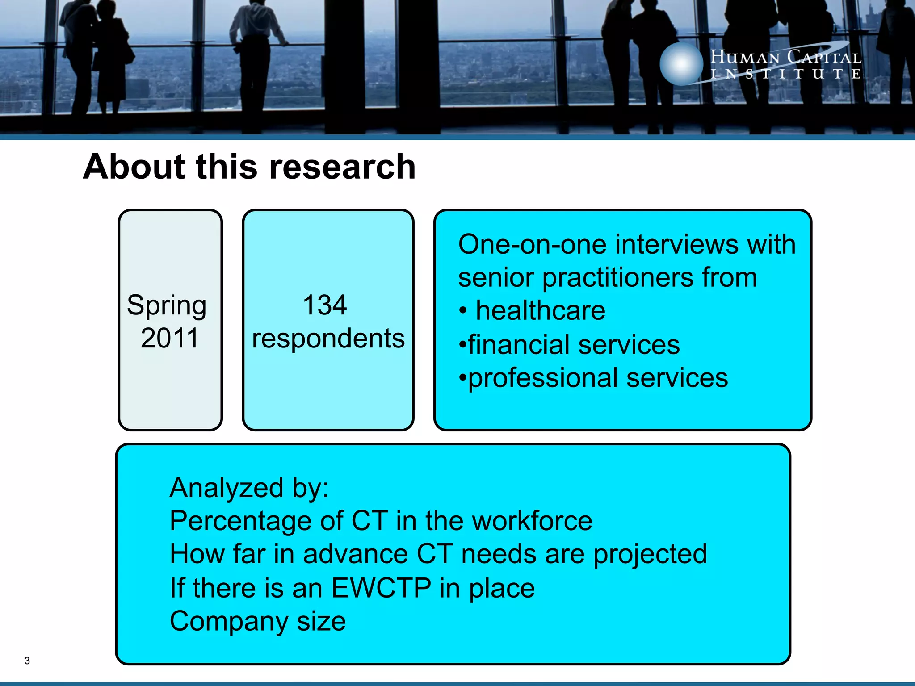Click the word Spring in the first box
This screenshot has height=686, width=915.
tap(166, 306)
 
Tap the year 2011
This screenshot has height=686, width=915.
tap(169, 338)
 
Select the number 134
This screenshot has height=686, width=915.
tap(325, 305)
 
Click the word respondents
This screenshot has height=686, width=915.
tap(328, 339)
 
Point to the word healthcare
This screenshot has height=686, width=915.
tap(540, 310)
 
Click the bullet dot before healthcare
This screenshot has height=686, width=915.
tap(463, 311)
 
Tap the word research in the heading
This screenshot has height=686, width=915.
tap(342, 167)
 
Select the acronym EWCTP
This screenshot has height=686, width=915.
tap(381, 588)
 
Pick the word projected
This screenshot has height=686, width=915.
tap(650, 554)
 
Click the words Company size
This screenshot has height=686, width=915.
tap(258, 621)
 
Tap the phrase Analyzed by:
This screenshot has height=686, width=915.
tap(249, 487)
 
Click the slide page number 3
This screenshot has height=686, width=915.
tap(27, 661)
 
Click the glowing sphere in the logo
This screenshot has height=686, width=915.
tap(681, 64)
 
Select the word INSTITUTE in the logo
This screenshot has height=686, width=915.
tap(785, 74)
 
